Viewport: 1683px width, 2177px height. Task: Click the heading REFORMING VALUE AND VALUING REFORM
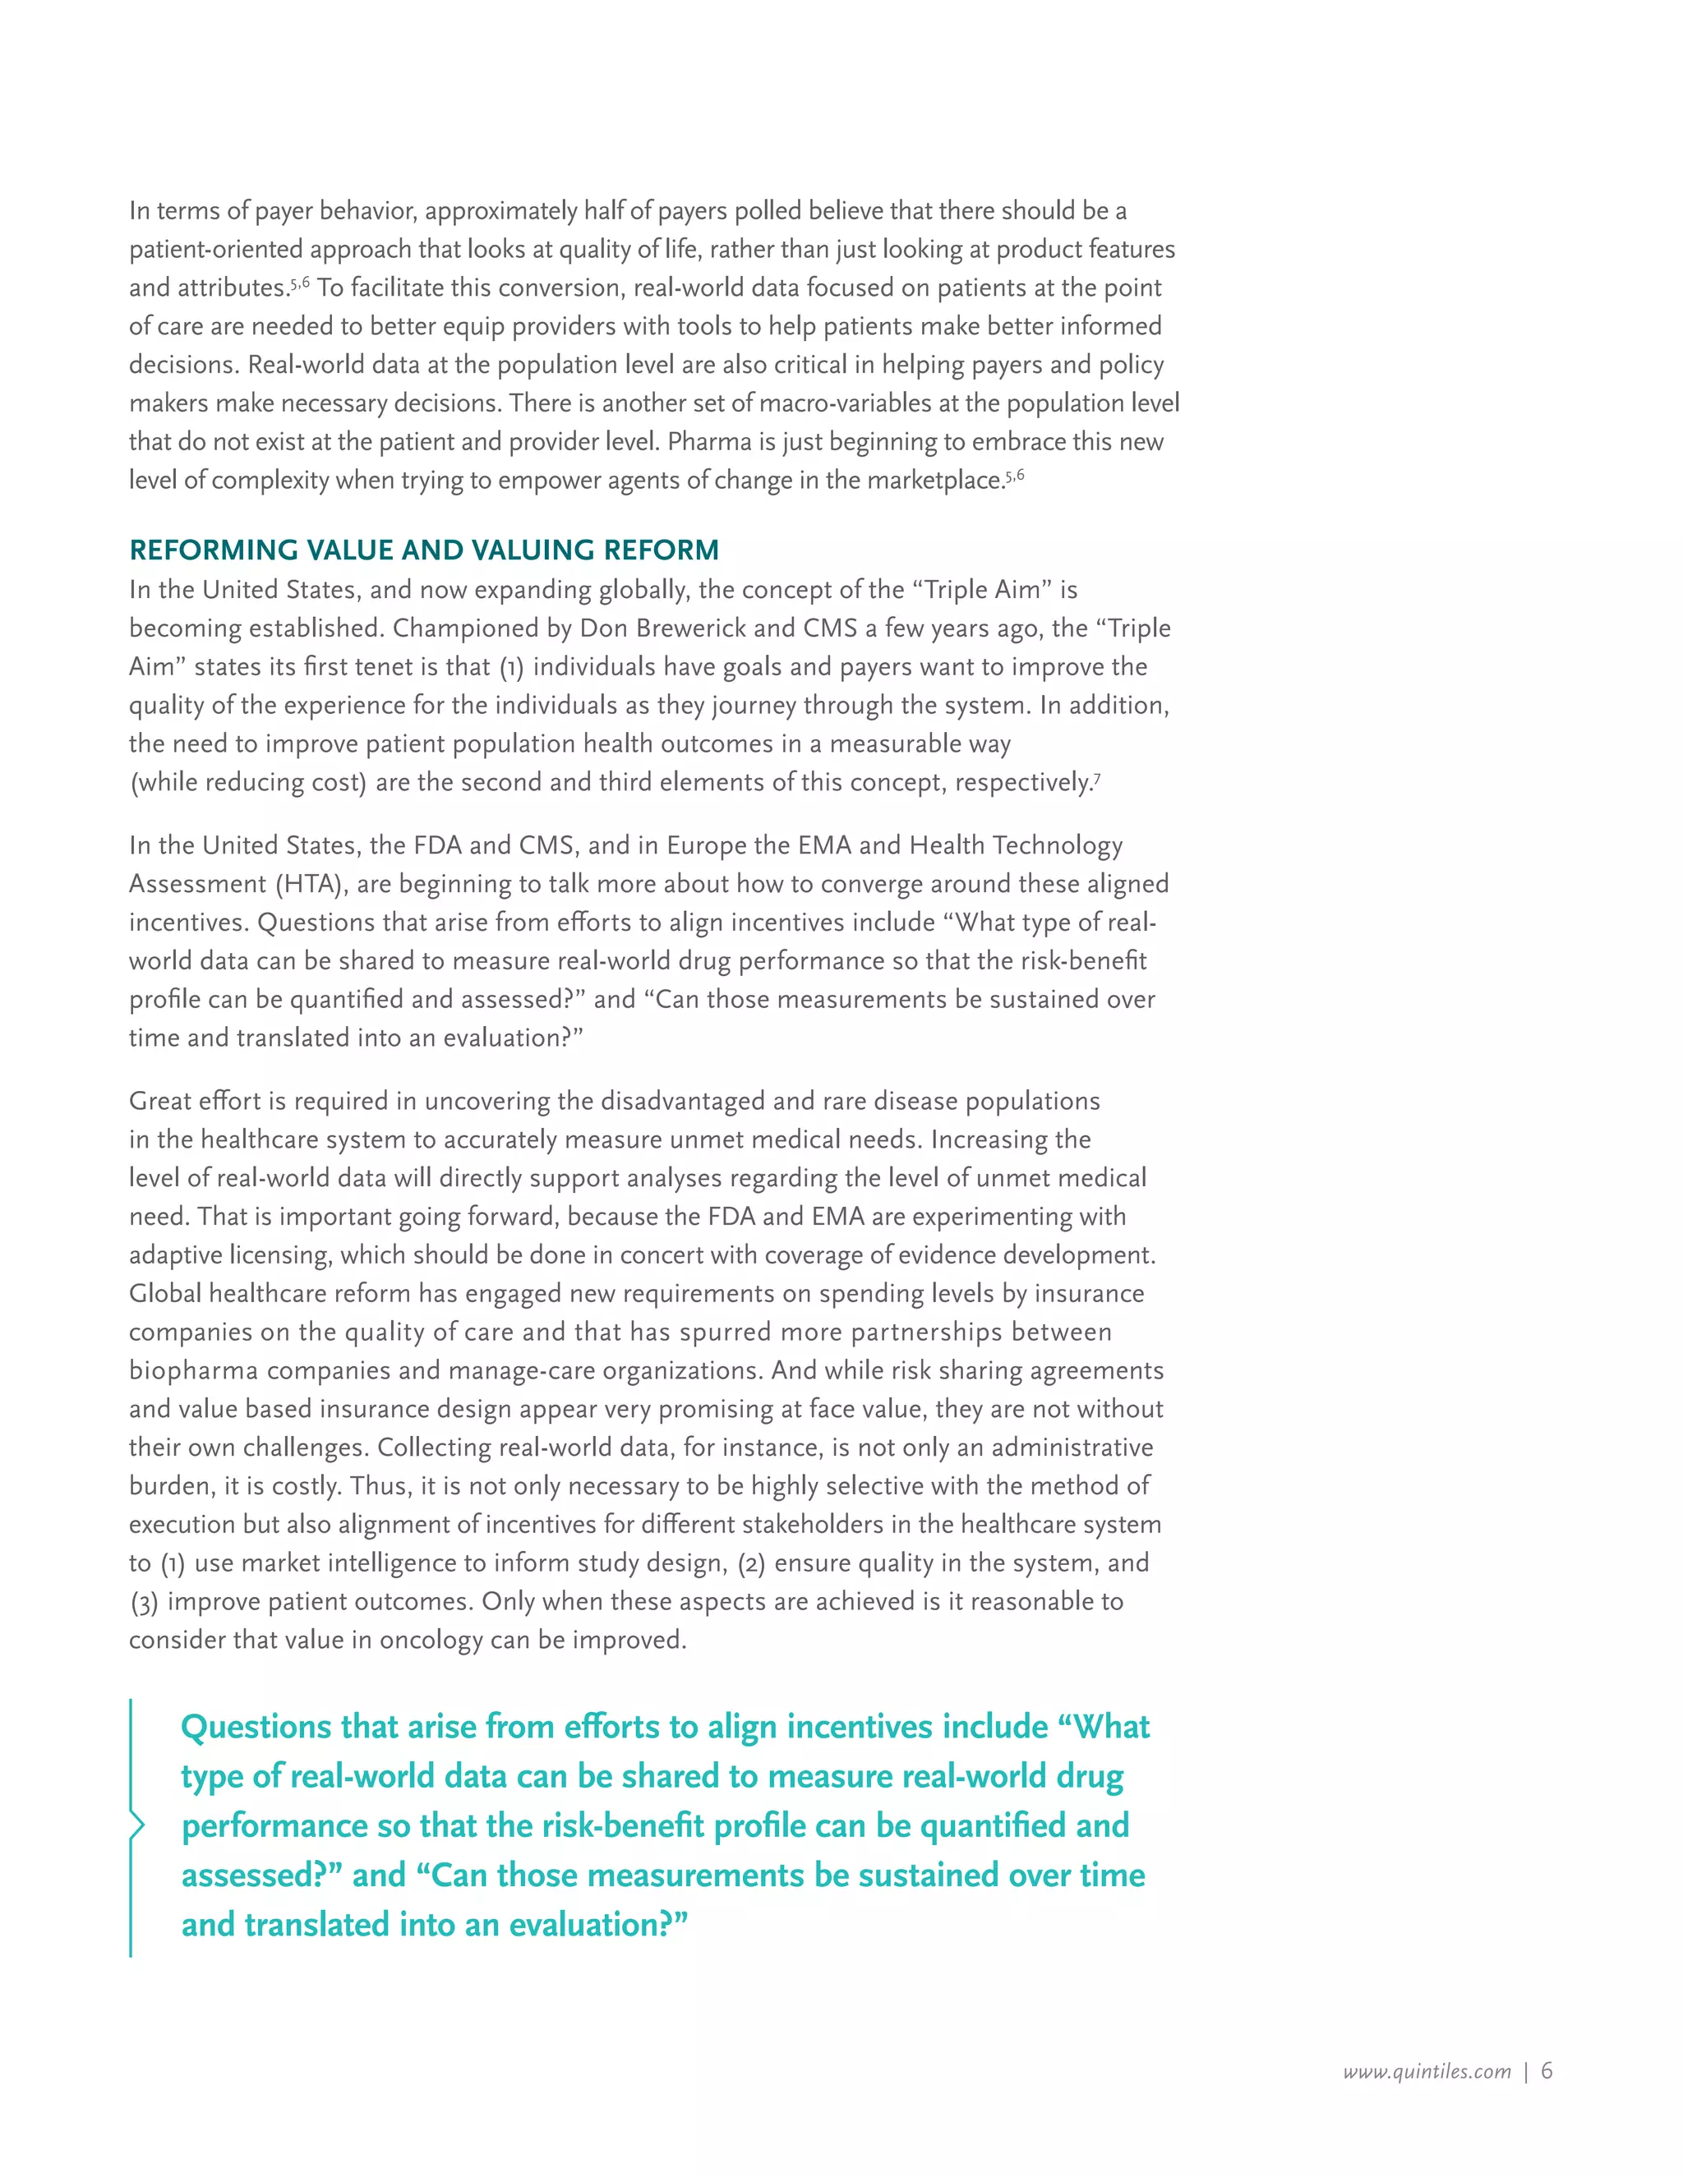pos(424,550)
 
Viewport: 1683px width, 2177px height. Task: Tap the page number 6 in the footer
pos(1547,2070)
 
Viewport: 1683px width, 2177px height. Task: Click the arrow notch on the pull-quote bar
pos(137,1825)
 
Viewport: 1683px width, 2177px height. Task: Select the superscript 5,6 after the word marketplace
pos(1015,476)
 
